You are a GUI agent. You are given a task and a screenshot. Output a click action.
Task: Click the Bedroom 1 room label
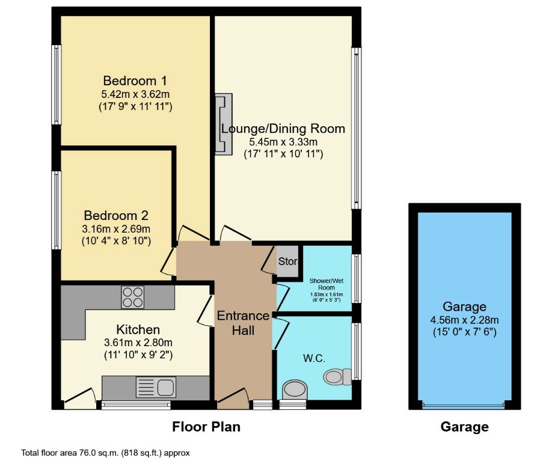(135, 81)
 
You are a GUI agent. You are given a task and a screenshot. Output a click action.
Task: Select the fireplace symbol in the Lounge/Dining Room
(224, 124)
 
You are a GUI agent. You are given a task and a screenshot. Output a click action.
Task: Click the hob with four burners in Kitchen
(132, 296)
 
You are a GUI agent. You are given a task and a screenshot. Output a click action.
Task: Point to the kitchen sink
(155, 386)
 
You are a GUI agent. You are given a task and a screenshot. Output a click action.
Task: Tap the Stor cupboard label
(287, 262)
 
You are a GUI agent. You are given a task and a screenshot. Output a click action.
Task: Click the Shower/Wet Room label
(325, 284)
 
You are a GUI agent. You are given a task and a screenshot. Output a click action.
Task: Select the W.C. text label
(314, 359)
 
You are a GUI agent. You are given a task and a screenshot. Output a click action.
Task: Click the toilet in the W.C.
(337, 377)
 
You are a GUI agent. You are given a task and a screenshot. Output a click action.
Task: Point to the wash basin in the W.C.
(294, 389)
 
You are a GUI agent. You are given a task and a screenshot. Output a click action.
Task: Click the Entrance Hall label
(244, 323)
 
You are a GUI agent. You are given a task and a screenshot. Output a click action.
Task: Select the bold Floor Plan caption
(206, 427)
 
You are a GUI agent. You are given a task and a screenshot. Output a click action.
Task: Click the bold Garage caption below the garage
(464, 427)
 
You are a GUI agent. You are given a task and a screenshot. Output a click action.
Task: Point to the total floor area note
(105, 453)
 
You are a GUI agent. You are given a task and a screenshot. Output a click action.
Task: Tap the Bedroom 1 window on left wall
(56, 85)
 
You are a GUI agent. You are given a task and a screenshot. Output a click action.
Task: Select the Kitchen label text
(138, 329)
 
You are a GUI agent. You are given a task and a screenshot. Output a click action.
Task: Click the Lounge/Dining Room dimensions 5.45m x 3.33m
(283, 142)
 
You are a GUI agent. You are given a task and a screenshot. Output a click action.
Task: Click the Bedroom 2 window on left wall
(56, 210)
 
